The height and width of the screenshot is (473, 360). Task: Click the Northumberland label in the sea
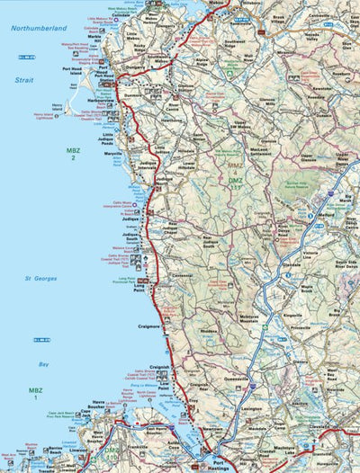40,30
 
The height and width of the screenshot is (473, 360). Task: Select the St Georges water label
41,279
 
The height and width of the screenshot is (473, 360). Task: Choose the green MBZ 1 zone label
35,393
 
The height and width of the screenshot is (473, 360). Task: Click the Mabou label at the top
216,3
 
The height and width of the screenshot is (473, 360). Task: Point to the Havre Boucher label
97,407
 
